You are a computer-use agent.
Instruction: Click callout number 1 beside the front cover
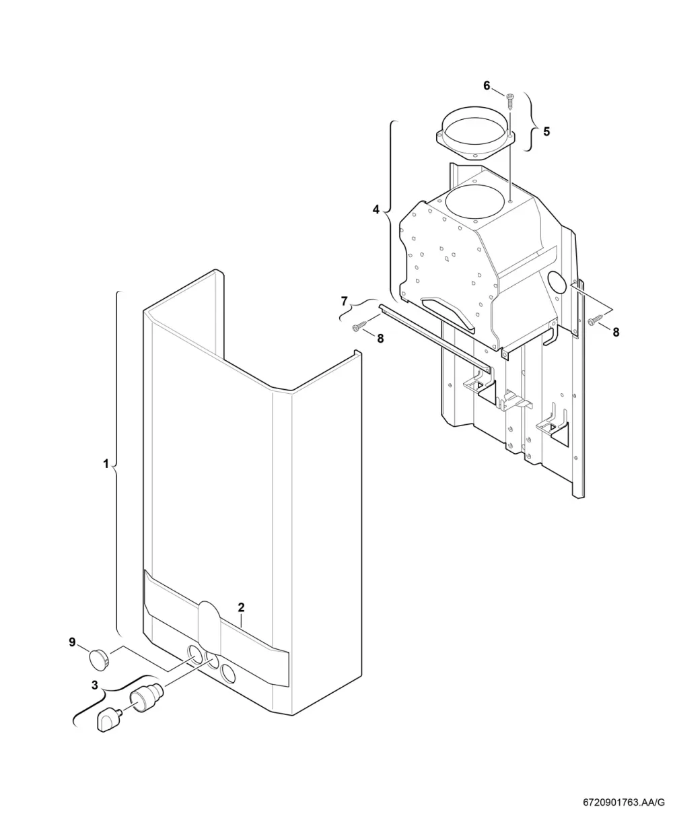click(106, 464)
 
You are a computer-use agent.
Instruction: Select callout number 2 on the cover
click(241, 607)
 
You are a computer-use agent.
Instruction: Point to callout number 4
click(376, 210)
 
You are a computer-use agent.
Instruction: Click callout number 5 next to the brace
click(546, 132)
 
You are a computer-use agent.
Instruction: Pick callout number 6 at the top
click(487, 86)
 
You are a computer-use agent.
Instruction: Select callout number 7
click(344, 301)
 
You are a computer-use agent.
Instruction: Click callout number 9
click(72, 642)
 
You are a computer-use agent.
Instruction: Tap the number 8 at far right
click(616, 332)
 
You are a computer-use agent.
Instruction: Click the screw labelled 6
click(509, 101)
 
